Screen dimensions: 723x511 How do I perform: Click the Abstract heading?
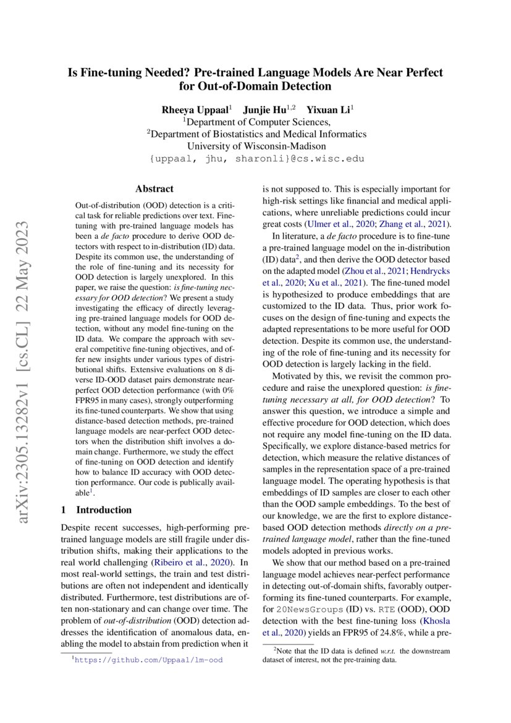pyautogui.click(x=154, y=189)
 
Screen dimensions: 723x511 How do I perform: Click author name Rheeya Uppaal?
pyautogui.click(x=194, y=110)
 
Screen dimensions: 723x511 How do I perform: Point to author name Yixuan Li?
pyautogui.click(x=328, y=110)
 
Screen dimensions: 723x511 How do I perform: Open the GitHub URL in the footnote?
pyautogui.click(x=148, y=660)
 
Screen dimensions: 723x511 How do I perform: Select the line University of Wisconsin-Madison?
pyautogui.click(x=256, y=146)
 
